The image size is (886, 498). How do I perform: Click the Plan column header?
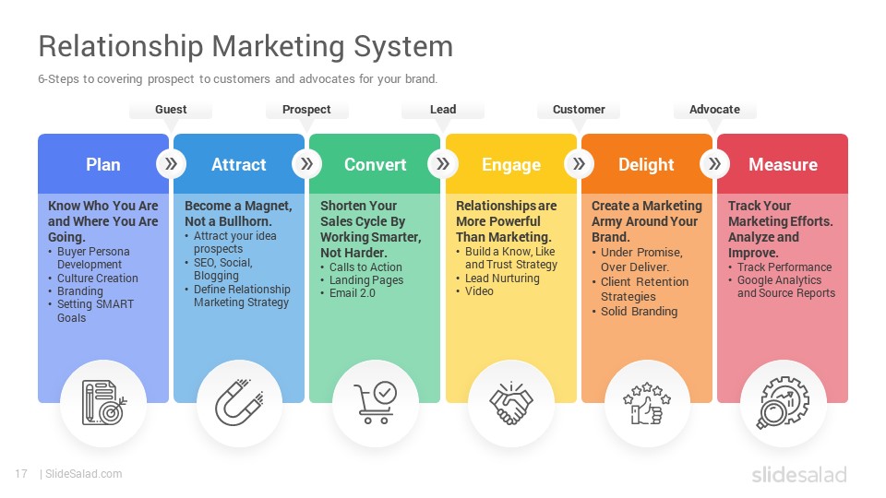click(x=102, y=164)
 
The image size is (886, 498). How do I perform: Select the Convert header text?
click(x=376, y=164)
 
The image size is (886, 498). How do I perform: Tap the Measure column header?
click(x=783, y=164)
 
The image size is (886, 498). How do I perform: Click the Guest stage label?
click(x=171, y=110)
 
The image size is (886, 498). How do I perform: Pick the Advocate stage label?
click(x=714, y=110)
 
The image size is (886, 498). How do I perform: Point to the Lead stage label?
click(x=443, y=110)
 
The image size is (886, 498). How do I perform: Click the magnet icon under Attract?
click(x=239, y=403)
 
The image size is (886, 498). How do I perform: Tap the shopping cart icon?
click(x=376, y=402)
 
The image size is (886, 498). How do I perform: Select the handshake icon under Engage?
click(x=510, y=403)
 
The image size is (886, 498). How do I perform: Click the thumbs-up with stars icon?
click(x=646, y=403)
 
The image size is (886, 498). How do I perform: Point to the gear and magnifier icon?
click(x=783, y=403)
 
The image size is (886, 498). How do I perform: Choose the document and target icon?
click(x=104, y=403)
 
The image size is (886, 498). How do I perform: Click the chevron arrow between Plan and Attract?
click(x=171, y=164)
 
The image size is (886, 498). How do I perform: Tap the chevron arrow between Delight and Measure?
click(x=714, y=164)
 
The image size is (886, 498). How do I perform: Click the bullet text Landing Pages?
click(x=366, y=280)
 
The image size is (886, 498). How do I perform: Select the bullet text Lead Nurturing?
click(x=502, y=279)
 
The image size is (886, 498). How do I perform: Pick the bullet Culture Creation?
click(x=97, y=279)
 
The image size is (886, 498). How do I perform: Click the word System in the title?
click(x=403, y=47)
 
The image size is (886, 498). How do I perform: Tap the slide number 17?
click(x=21, y=474)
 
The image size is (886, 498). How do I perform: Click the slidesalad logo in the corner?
click(x=799, y=474)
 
